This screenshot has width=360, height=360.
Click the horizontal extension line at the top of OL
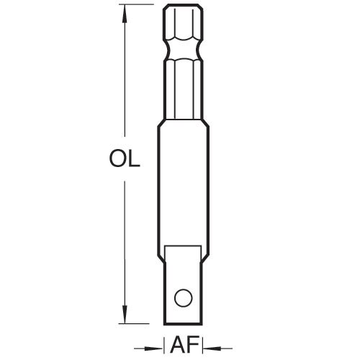140,6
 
